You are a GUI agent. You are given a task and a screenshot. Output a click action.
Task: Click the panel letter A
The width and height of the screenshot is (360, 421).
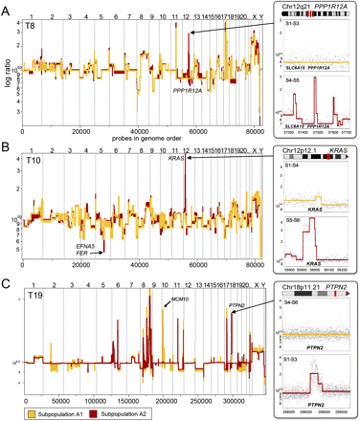coord(6,9)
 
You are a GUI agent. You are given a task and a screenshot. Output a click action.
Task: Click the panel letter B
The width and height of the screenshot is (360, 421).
coord(6,147)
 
